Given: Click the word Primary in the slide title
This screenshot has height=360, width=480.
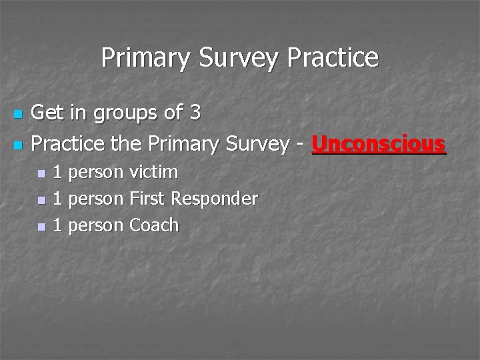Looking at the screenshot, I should point(141,58).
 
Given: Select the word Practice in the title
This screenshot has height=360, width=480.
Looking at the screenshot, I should point(333,58).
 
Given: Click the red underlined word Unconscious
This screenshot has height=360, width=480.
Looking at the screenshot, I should point(378,143).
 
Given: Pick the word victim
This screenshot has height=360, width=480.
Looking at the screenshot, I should point(153,172).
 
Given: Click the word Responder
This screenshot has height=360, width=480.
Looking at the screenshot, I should point(215,199).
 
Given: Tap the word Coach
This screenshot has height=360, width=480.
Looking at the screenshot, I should point(154,225).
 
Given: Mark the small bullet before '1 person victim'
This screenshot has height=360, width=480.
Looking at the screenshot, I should point(41,173).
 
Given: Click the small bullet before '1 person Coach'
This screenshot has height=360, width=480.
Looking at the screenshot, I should point(41,227).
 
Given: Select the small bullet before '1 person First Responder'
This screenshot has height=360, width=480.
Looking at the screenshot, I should point(41,200).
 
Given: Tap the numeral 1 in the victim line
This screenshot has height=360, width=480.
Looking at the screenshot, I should point(57,172).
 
